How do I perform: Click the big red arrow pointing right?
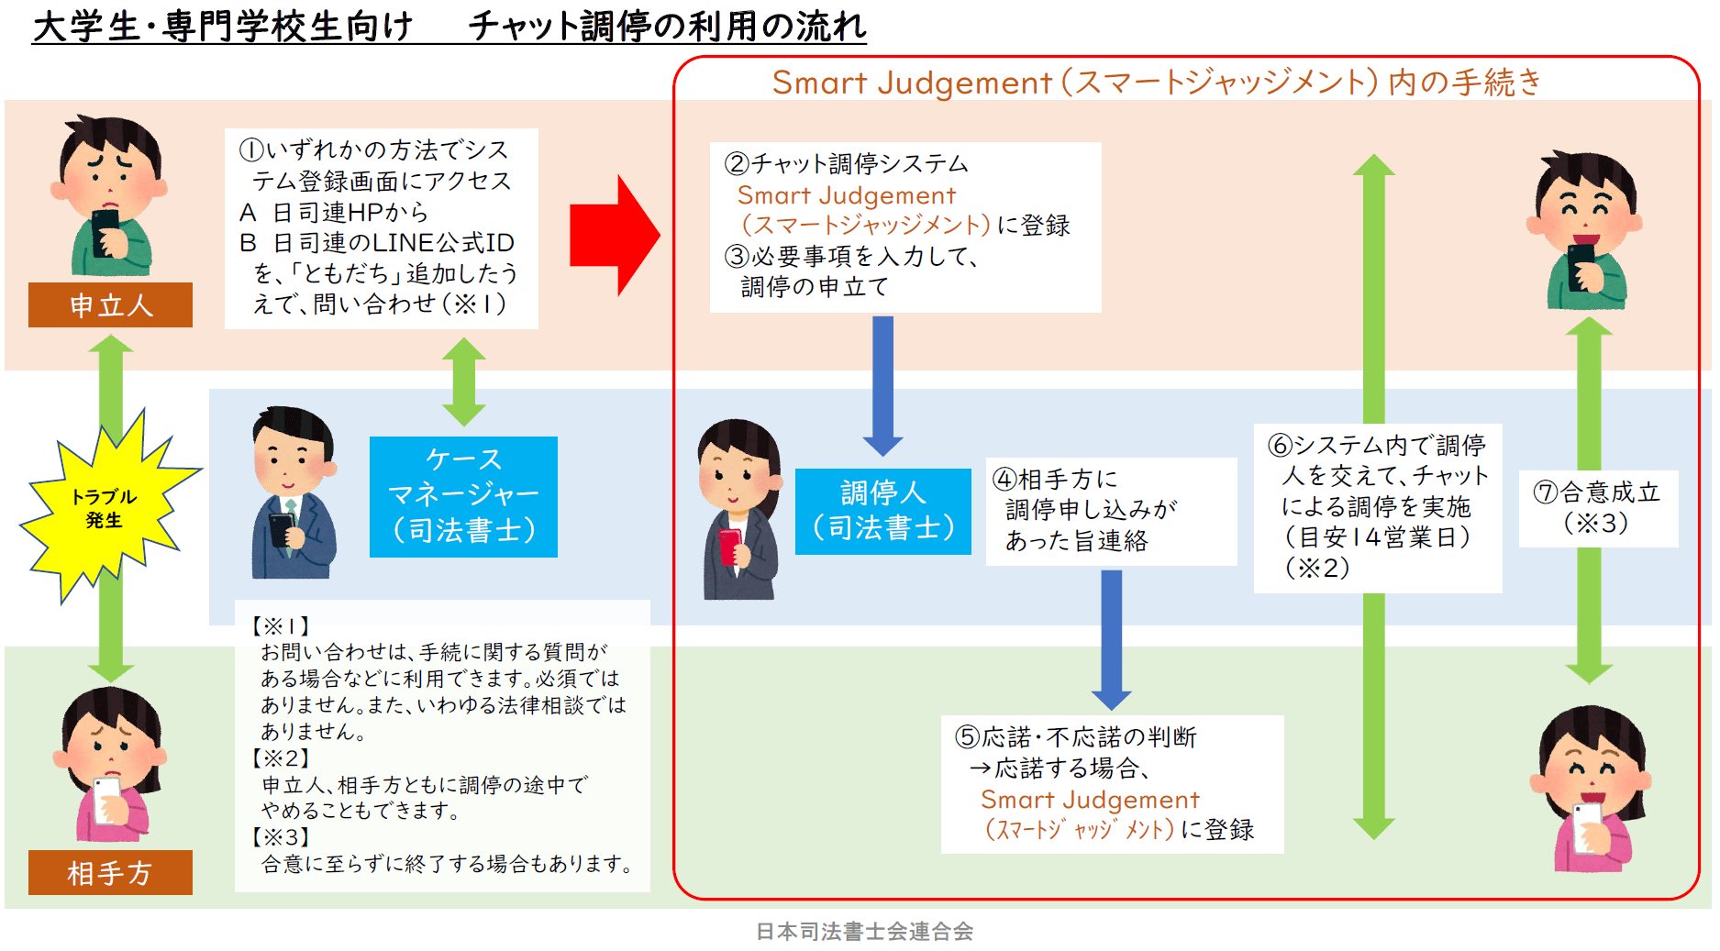coord(613,236)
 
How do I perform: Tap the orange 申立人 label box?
coord(110,305)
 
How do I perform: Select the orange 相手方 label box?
coord(110,873)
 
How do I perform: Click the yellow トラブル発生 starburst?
coord(105,507)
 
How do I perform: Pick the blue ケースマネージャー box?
coord(463,496)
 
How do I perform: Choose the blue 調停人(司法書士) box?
coord(882,511)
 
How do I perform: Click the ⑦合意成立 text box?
coord(1598,508)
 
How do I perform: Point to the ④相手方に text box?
coord(1110,510)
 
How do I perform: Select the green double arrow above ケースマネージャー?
coord(464,382)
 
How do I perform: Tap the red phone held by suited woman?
coord(730,546)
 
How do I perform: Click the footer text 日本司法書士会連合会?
coord(864,932)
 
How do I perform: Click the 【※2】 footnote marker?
coord(281,758)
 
